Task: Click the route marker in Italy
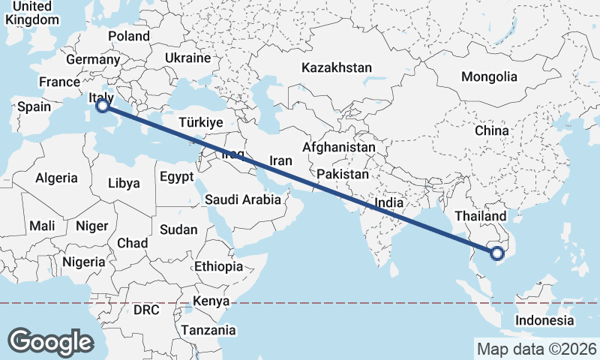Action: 103,107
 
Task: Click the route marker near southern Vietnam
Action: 496,254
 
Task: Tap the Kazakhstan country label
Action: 337,67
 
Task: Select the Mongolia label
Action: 489,76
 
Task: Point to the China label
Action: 491,130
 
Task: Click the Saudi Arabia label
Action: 243,200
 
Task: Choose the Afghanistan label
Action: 339,148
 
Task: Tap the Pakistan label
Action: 343,174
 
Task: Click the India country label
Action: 389,202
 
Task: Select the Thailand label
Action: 480,216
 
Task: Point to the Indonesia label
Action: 544,320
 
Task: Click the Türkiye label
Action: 202,122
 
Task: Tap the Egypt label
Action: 176,177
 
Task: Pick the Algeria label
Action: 57,178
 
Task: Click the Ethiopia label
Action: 218,266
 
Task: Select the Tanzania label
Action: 207,330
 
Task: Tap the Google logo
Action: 50,341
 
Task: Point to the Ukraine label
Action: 187,58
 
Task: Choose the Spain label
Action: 34,106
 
